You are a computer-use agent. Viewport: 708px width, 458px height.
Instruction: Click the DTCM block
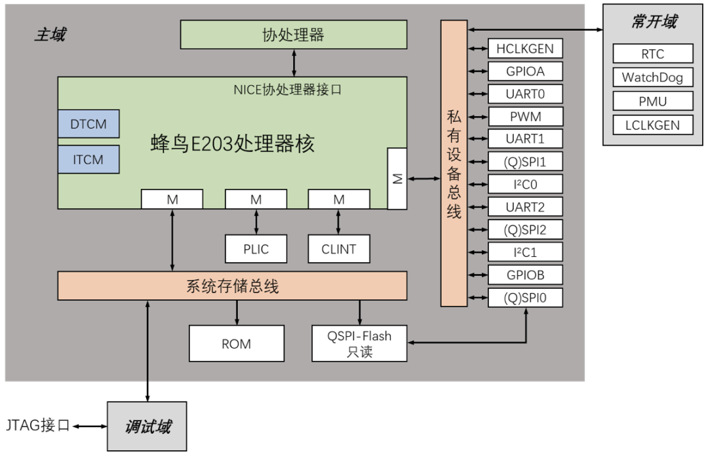coord(88,124)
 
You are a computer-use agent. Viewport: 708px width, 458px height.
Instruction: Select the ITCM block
coord(88,159)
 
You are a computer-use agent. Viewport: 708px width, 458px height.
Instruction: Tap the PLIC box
coord(255,249)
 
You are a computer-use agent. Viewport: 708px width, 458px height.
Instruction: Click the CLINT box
coord(338,249)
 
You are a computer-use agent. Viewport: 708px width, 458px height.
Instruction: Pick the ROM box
coord(236,343)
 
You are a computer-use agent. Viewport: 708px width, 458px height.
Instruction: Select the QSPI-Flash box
coord(359,343)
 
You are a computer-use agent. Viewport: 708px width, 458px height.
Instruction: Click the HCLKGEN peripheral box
coord(525,49)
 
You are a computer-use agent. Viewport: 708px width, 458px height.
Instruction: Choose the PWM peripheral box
coord(525,117)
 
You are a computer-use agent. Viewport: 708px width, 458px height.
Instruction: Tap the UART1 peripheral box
coord(525,139)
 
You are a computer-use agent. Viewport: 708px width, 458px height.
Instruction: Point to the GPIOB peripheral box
coord(525,275)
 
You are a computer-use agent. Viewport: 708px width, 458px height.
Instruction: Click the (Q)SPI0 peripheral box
coord(525,298)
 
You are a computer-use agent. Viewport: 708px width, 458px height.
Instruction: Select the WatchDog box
coord(652,77)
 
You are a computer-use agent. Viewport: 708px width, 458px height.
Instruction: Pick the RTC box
coord(652,54)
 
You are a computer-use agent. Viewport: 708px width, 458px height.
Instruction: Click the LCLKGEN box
coord(652,125)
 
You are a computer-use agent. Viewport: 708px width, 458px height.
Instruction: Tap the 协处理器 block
coord(293,35)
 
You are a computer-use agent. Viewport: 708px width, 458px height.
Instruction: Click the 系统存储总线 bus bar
coord(232,286)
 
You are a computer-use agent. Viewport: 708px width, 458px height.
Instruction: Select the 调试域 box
coord(147,427)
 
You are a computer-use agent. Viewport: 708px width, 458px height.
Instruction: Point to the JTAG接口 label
coord(37,426)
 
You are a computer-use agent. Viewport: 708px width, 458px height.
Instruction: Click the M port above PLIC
coord(255,199)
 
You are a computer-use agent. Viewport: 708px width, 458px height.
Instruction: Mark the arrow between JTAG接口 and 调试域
coord(90,427)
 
